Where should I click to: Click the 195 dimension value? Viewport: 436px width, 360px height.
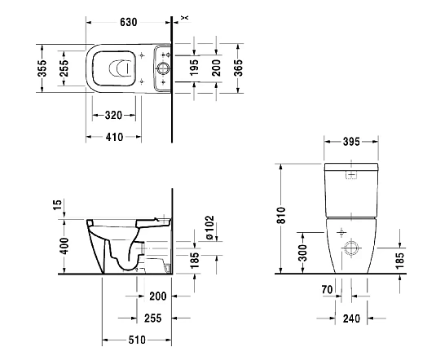pyautogui.click(x=194, y=68)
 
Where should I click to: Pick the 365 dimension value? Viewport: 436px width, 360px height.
pyautogui.click(x=239, y=67)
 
